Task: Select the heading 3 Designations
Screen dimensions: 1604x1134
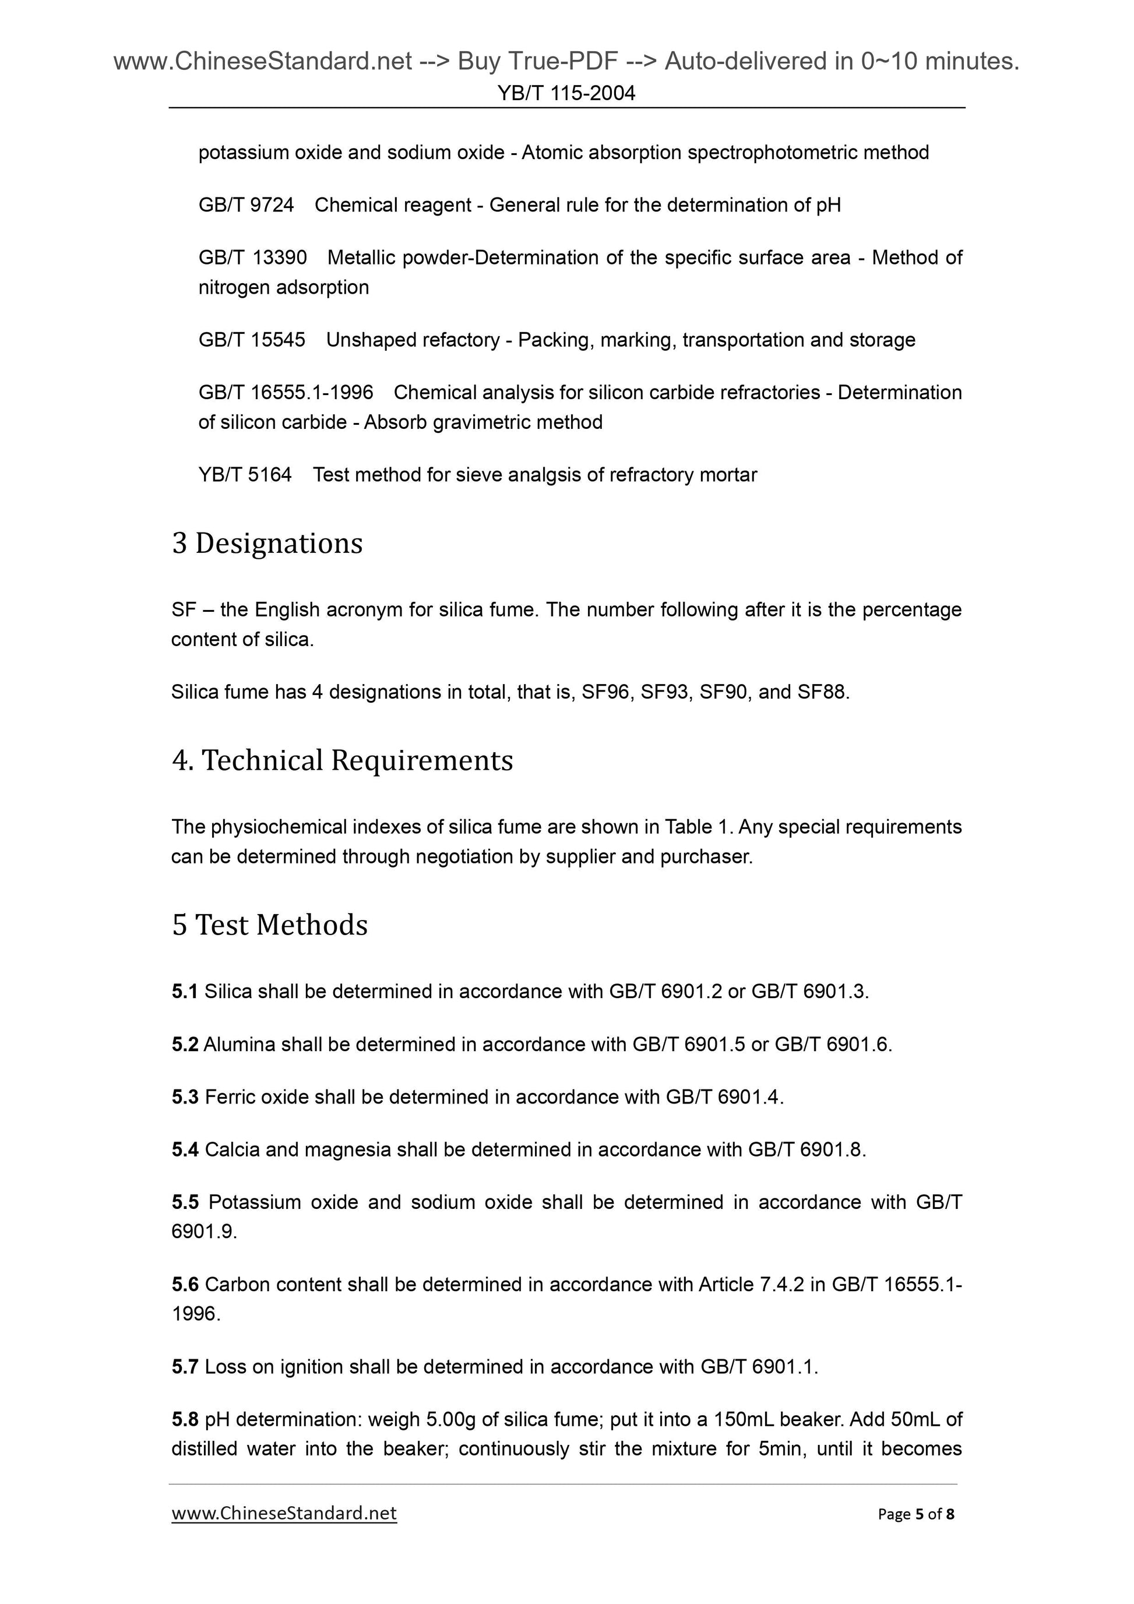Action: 267,543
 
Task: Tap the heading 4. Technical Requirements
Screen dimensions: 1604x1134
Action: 343,760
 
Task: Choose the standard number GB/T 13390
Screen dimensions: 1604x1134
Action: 252,258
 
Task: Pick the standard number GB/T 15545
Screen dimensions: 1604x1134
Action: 252,340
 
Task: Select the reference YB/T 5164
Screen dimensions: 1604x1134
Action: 245,475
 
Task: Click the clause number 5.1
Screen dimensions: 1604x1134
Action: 185,991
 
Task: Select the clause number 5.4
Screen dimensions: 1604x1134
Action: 185,1149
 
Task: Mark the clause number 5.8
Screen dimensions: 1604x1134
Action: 185,1419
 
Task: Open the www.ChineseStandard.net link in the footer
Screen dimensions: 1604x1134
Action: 284,1513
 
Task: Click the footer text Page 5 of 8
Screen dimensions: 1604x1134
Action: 916,1514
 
